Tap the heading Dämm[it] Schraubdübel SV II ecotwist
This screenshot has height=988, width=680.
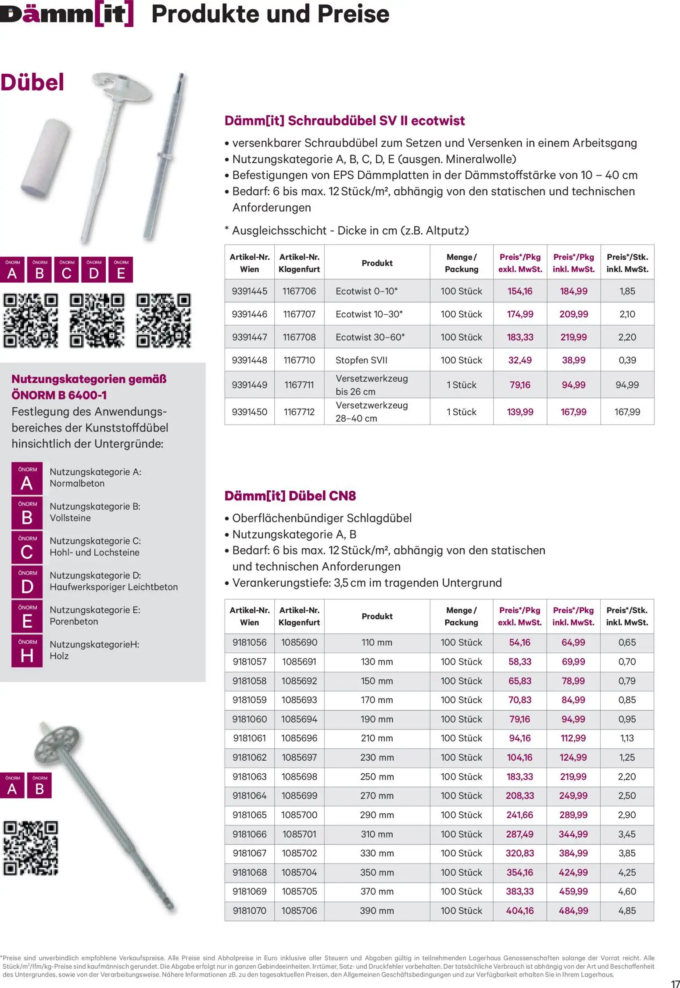[344, 121]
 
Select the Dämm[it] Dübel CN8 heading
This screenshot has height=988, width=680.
[290, 496]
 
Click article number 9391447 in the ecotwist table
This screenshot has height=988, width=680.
[249, 337]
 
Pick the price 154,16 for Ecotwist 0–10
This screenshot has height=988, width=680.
[520, 291]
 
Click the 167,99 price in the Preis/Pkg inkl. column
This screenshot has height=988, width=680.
[573, 412]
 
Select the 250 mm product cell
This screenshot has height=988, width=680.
[377, 776]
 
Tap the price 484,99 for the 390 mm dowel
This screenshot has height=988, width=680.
[573, 911]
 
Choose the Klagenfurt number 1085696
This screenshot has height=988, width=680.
[299, 738]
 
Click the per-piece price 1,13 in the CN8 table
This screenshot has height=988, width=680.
[627, 738]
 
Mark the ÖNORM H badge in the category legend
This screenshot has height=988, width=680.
[27, 651]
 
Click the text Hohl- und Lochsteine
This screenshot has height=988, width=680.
[94, 553]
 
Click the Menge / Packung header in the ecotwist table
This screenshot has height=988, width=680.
[461, 263]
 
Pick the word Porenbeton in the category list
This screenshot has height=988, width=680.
[74, 622]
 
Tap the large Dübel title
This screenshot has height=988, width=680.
[32, 82]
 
